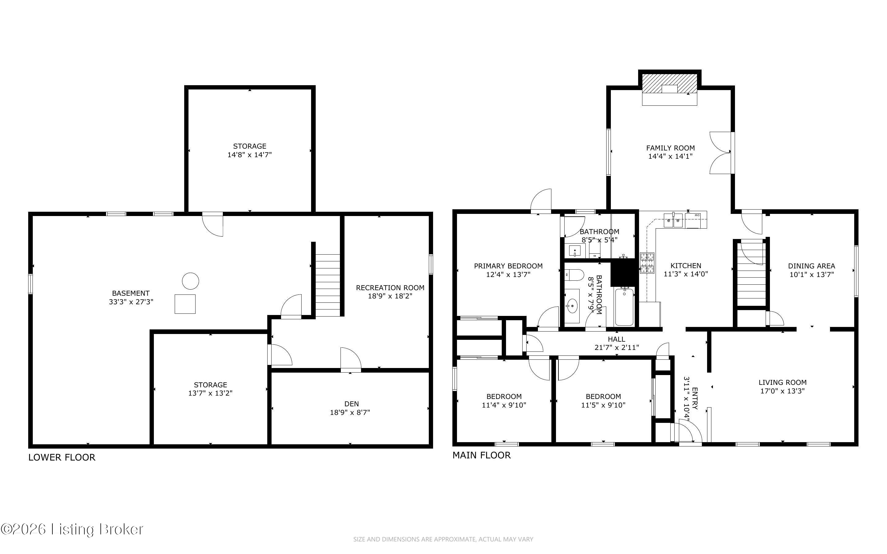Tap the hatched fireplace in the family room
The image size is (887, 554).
pos(669,84)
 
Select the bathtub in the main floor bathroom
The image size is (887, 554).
pos(624,307)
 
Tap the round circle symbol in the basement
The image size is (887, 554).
pos(191,281)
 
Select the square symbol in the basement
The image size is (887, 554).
pos(185,304)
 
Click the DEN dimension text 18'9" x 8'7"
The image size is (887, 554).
pos(350,412)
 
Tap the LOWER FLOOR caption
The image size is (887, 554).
pos(62,457)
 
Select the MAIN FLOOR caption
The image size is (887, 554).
pos(482,455)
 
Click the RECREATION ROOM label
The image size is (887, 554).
pos(390,288)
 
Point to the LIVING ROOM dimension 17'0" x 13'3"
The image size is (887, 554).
pos(782,391)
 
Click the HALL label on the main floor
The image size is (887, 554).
pos(617,339)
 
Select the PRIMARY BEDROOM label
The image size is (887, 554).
pos(508,266)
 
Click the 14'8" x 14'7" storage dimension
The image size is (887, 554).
pos(249,155)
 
